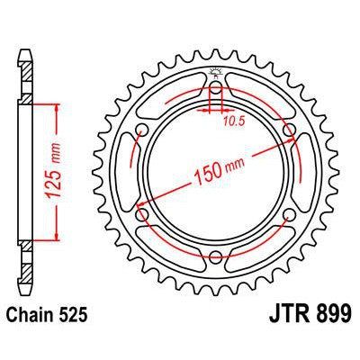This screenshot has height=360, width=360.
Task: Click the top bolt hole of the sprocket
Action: click(216, 93)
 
